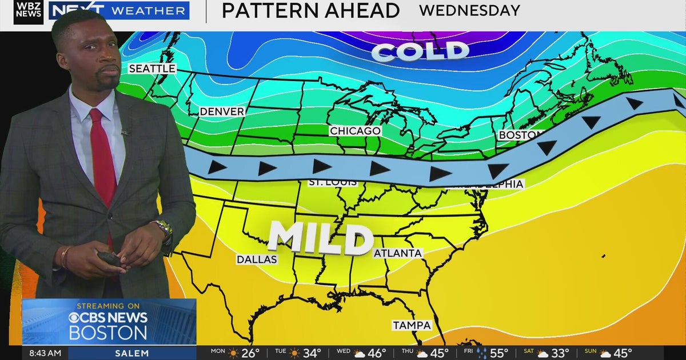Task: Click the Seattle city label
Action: [151, 69]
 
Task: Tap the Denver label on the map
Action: [222, 111]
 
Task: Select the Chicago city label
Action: [355, 131]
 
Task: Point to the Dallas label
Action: [257, 259]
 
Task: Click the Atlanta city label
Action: [398, 253]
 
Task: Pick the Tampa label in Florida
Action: [412, 325]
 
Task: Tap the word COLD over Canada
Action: [420, 51]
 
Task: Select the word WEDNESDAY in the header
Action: [469, 10]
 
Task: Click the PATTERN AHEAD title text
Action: [310, 10]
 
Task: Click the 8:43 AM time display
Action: [45, 353]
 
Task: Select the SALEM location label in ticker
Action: [131, 353]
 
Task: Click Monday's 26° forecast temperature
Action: [250, 353]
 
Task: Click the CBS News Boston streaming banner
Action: [109, 321]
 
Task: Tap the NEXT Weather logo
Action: [119, 10]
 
